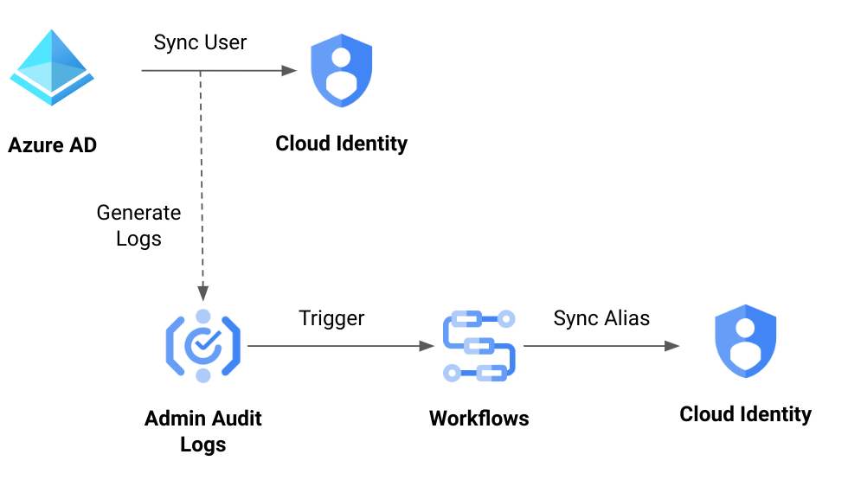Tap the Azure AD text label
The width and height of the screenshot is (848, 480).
[x=53, y=144]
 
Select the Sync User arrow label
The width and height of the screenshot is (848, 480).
[x=200, y=42]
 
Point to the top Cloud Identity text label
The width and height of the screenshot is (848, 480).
[x=341, y=143]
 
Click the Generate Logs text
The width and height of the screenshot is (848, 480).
[x=138, y=225]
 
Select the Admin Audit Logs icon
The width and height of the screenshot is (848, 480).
[x=202, y=346]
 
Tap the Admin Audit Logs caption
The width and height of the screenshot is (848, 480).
[x=202, y=432]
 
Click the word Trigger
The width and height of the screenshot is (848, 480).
[x=331, y=318]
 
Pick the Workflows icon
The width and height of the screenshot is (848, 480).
[x=479, y=346]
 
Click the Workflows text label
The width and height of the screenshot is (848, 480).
[x=479, y=419]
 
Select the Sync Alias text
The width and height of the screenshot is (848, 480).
[x=601, y=318]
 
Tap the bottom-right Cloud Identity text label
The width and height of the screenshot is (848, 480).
[x=745, y=414]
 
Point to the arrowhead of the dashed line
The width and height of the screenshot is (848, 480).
[x=202, y=292]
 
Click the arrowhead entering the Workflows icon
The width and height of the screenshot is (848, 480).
[x=426, y=346]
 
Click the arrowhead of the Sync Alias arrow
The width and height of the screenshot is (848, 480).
[x=671, y=346]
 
